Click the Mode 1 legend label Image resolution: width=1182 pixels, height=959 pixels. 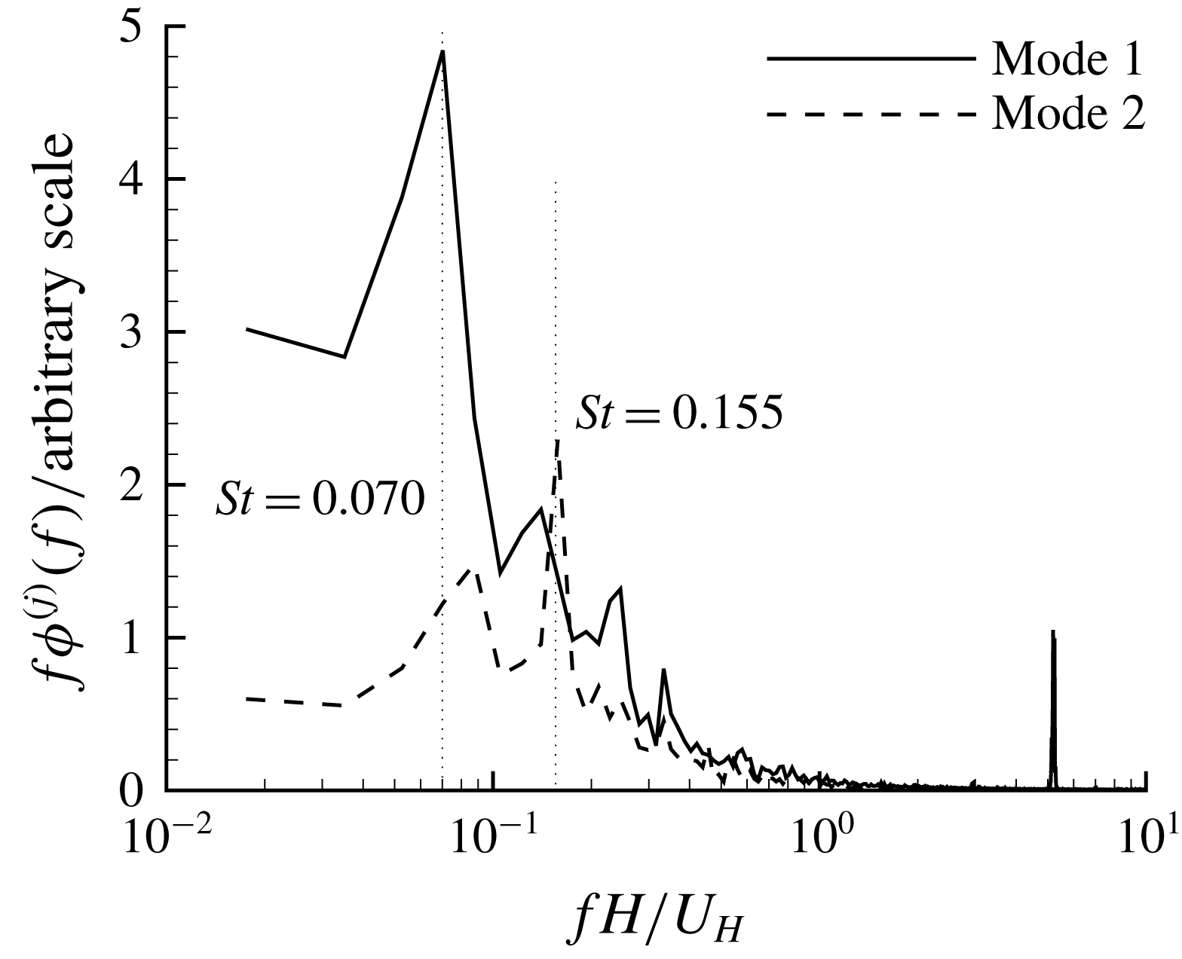point(1067,59)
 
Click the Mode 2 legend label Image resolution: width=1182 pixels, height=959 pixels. point(1067,114)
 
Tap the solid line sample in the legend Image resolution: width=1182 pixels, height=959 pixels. point(871,59)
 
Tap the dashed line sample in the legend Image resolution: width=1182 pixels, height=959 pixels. point(871,115)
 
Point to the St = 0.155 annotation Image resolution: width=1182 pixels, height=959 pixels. point(678,414)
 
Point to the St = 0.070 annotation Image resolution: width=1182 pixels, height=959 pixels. point(320,498)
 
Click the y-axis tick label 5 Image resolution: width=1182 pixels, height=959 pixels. point(135,27)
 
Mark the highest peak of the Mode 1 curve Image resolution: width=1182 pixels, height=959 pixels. point(442,51)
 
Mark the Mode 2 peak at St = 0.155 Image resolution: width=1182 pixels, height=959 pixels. point(557,440)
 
